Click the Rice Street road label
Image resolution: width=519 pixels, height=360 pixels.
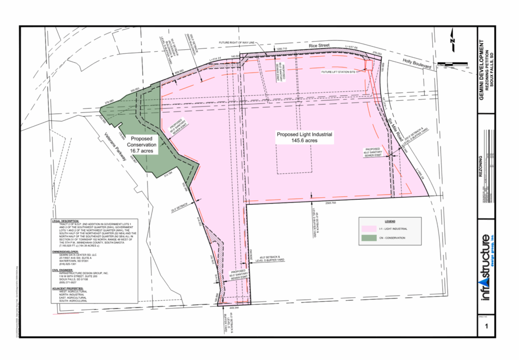coord(320,46)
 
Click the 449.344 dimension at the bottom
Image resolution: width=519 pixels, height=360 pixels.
coord(234,307)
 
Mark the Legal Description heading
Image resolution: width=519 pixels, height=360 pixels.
coord(65,222)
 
